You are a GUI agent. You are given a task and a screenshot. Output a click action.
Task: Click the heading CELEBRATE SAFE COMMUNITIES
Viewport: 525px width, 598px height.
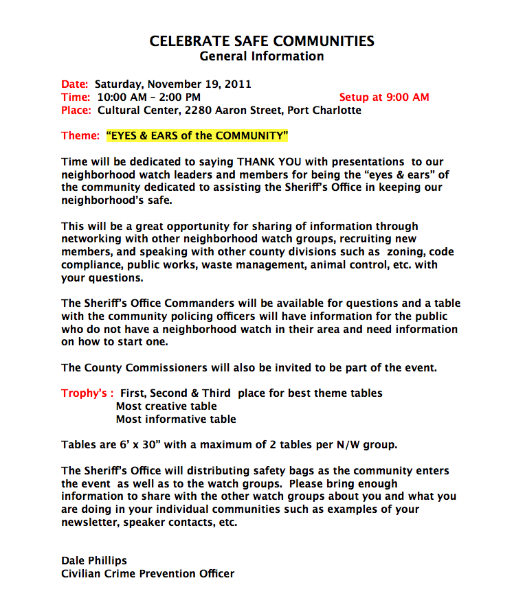(262, 41)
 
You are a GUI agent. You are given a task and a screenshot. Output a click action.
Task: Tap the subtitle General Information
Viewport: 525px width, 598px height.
(261, 56)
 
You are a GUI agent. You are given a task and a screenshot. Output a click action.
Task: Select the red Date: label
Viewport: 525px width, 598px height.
(75, 84)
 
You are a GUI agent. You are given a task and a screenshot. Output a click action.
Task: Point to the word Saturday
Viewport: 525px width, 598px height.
(118, 84)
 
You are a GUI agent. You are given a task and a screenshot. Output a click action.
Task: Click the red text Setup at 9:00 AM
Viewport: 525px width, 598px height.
(384, 97)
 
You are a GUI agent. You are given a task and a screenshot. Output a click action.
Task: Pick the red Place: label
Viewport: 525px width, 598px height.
(76, 110)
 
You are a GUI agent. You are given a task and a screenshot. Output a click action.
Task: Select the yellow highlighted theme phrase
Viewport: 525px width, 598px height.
(197, 136)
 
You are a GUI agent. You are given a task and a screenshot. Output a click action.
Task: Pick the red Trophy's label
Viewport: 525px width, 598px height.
(87, 393)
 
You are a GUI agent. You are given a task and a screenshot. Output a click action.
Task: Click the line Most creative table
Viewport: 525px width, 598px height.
(166, 406)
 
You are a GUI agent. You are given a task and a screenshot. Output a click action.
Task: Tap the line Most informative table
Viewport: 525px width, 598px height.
(175, 419)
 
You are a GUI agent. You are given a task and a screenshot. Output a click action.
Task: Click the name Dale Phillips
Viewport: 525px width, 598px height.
(93, 560)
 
